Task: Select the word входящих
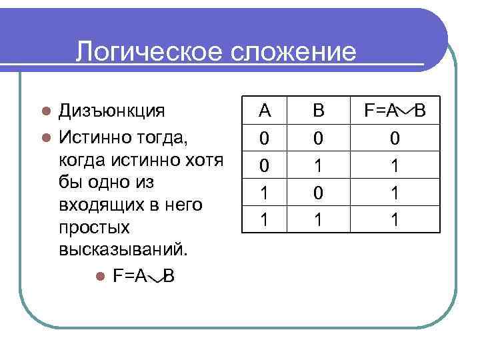tap(101, 205)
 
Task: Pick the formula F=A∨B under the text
tap(144, 275)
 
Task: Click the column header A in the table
tap(265, 110)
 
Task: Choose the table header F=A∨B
tap(395, 110)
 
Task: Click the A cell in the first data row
tap(265, 138)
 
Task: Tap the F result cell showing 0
tap(395, 138)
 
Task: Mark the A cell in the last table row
tap(265, 219)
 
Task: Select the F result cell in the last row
tap(395, 219)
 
